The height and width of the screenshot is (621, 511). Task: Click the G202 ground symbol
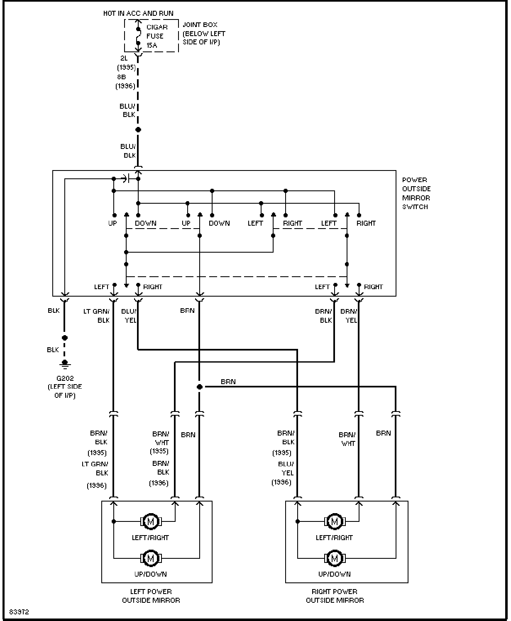pyautogui.click(x=65, y=365)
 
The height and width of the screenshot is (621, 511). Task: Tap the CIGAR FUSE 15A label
pyautogui.click(x=157, y=36)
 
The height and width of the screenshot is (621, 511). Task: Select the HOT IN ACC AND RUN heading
pyautogui.click(x=138, y=13)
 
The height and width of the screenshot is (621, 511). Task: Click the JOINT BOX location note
pyautogui.click(x=204, y=33)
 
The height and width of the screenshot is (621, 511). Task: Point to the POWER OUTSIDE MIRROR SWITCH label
pyautogui.click(x=416, y=193)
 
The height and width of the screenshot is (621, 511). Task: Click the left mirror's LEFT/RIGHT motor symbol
pyautogui.click(x=151, y=521)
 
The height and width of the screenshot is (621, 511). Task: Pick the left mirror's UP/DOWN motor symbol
pyautogui.click(x=151, y=558)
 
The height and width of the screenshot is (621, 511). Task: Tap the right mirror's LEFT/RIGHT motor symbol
pyautogui.click(x=335, y=521)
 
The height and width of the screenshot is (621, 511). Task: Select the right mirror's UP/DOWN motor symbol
pyautogui.click(x=335, y=558)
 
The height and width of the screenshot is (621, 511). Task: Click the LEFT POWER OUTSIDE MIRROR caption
pyautogui.click(x=151, y=596)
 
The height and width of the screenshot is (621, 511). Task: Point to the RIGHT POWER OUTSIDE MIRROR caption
pyautogui.click(x=335, y=596)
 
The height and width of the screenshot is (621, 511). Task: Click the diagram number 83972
pyautogui.click(x=19, y=612)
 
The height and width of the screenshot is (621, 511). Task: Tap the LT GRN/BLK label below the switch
pyautogui.click(x=96, y=316)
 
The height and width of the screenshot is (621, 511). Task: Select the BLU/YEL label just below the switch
pyautogui.click(x=129, y=316)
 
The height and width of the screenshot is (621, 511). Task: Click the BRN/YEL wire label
pyautogui.click(x=349, y=316)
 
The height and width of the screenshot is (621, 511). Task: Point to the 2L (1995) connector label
pyautogui.click(x=127, y=63)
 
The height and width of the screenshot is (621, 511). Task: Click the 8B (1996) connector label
pyautogui.click(x=125, y=82)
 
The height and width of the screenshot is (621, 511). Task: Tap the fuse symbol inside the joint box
pyautogui.click(x=138, y=36)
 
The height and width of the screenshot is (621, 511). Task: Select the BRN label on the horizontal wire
pyautogui.click(x=228, y=382)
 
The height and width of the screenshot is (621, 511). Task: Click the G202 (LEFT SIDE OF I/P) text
pyautogui.click(x=65, y=387)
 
